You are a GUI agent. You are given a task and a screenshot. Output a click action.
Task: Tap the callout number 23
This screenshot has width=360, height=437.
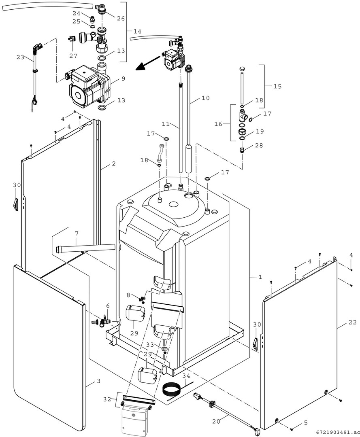tap(20, 57)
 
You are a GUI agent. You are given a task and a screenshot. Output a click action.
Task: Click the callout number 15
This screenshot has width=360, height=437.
tap(277, 86)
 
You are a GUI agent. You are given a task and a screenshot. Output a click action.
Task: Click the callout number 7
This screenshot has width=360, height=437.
tap(76, 233)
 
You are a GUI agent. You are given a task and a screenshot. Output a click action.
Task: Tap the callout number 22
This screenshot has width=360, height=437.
tap(352, 322)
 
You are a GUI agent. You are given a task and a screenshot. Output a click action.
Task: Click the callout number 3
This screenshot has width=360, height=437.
tap(98, 381)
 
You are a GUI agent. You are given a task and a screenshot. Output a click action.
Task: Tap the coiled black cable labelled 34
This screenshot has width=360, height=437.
tap(172, 390)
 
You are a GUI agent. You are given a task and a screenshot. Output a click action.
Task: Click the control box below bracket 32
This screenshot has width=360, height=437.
tap(136, 421)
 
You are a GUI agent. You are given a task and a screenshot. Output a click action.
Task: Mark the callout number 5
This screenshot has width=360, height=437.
tap(306, 422)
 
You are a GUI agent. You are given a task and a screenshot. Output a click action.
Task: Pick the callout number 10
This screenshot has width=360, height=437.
tap(206, 98)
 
